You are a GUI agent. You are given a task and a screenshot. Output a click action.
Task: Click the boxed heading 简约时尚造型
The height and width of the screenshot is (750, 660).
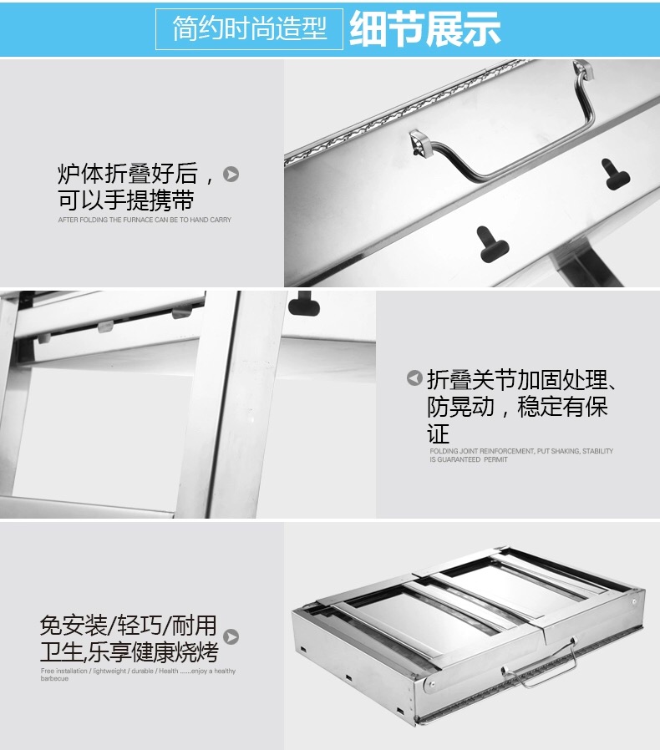coord(249,28)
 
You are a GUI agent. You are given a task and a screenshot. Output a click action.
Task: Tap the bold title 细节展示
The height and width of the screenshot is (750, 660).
coord(425,28)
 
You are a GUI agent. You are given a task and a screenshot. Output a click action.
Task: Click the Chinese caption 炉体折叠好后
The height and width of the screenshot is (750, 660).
coord(135,173)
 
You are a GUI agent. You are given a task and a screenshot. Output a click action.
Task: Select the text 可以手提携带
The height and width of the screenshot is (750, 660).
coord(126,200)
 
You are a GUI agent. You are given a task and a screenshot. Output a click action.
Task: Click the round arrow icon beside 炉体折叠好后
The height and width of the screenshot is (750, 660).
coord(231,174)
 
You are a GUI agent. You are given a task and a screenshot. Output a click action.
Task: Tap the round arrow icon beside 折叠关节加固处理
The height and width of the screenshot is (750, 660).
coord(414,378)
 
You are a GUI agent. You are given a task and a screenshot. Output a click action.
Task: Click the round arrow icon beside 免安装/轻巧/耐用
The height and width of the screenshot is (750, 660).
coord(231,637)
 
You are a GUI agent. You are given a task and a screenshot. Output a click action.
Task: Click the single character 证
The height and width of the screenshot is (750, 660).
coord(439,433)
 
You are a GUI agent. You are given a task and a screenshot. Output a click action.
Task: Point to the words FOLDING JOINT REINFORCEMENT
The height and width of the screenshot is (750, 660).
coord(482,451)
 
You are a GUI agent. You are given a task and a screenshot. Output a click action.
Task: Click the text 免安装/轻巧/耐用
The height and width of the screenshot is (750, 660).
coord(129,626)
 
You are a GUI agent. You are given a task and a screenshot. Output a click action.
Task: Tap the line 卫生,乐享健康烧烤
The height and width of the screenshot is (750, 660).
coord(129,651)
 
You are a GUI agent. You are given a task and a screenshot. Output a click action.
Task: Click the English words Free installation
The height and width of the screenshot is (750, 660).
coord(64,671)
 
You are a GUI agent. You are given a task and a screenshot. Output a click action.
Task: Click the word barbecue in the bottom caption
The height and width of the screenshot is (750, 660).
coord(54,678)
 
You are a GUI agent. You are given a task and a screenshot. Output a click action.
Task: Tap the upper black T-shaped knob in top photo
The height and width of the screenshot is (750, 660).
coord(615,174)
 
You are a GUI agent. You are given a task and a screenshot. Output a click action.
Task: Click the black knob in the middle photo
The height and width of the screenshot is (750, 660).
coord(304,303)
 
